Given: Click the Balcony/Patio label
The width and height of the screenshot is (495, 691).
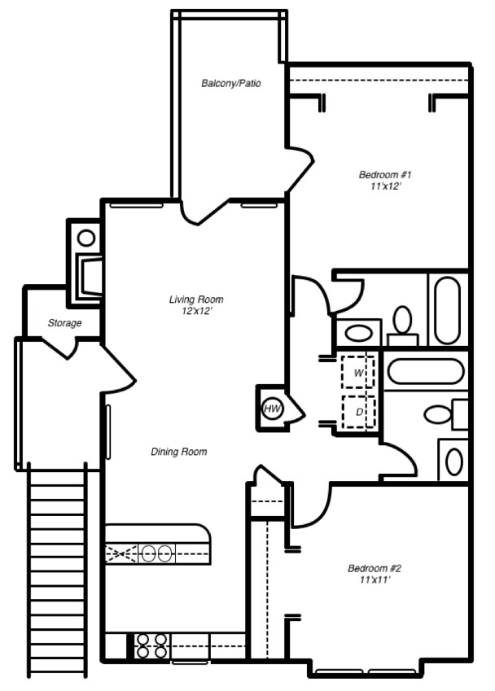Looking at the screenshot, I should tap(231, 83).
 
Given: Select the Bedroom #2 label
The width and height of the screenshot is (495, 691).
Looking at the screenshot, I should tap(375, 568).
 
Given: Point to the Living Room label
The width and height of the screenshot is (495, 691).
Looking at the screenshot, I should tap(196, 300).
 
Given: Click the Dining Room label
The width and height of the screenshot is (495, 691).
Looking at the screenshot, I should tap(178, 452).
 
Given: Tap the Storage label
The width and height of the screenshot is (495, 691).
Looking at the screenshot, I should tap(64, 323).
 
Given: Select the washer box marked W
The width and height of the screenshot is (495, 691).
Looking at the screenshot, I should tap(358, 373).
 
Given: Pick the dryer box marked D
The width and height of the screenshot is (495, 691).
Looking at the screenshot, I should tap(358, 412).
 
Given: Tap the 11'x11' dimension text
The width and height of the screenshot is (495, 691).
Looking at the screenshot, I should tap(375, 579).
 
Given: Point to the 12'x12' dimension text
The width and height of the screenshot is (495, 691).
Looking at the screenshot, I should tap(196, 311).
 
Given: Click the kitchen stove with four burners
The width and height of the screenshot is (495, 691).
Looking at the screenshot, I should tap(151, 645).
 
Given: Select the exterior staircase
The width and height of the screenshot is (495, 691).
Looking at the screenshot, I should tap(58, 570).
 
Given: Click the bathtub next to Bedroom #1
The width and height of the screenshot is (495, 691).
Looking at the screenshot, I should tap(447, 310).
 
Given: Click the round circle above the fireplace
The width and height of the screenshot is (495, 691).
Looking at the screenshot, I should tap(86, 238).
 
